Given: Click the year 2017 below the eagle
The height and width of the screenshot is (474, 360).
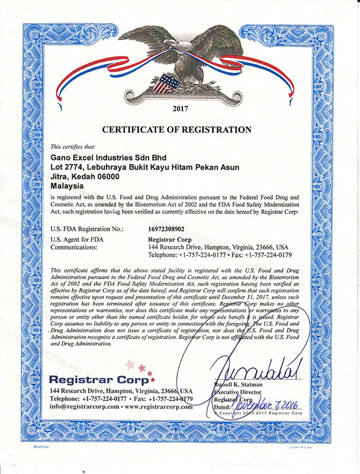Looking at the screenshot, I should point(178,110).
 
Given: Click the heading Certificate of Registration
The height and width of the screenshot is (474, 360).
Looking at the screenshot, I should point(177,130).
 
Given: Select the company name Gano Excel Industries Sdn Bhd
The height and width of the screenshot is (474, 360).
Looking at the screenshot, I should point(107,158).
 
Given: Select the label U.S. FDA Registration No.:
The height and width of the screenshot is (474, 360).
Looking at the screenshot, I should point(87,228).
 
